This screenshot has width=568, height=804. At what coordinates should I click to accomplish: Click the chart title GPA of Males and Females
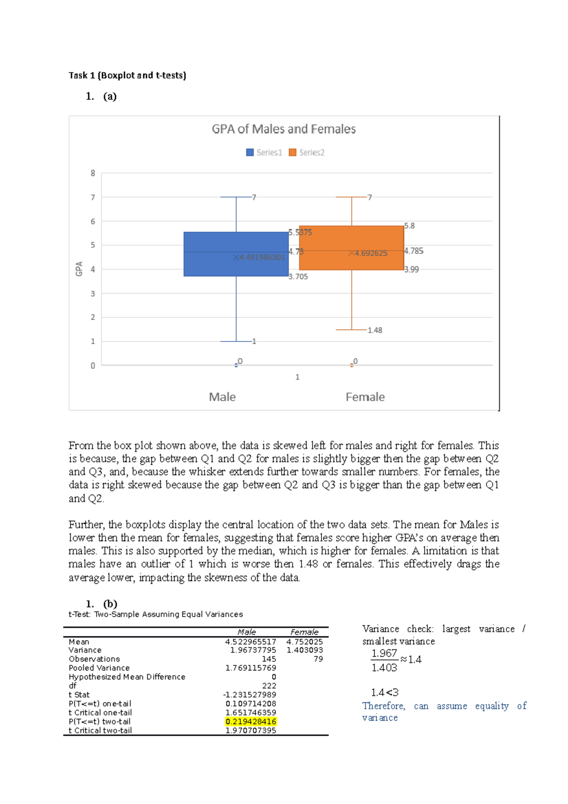(284, 129)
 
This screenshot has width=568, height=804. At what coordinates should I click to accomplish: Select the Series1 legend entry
(264, 152)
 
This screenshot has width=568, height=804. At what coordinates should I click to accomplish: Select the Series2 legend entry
(307, 152)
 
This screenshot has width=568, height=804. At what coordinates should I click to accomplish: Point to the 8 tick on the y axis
(93, 173)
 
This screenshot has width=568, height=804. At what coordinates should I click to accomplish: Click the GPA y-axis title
(79, 268)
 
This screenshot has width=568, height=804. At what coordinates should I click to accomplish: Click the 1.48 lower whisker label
(374, 331)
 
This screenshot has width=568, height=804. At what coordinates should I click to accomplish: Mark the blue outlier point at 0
(236, 365)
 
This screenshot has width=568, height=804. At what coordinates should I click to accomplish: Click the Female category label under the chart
(365, 397)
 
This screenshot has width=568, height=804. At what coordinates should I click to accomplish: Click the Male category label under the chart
(222, 397)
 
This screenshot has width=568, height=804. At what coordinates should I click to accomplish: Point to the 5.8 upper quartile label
(409, 226)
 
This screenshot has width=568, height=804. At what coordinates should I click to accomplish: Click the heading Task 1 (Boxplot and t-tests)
(127, 75)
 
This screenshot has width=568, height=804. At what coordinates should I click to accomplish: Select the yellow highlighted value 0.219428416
(250, 722)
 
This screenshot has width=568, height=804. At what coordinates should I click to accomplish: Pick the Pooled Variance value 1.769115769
(250, 668)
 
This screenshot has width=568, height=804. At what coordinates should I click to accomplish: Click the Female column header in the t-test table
(304, 632)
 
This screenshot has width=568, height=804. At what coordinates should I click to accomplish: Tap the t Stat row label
(79, 695)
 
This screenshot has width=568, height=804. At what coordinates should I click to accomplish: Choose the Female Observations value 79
(318, 659)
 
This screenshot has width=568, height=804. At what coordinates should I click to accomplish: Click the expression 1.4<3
(384, 693)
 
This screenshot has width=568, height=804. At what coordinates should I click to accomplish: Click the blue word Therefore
(383, 706)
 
